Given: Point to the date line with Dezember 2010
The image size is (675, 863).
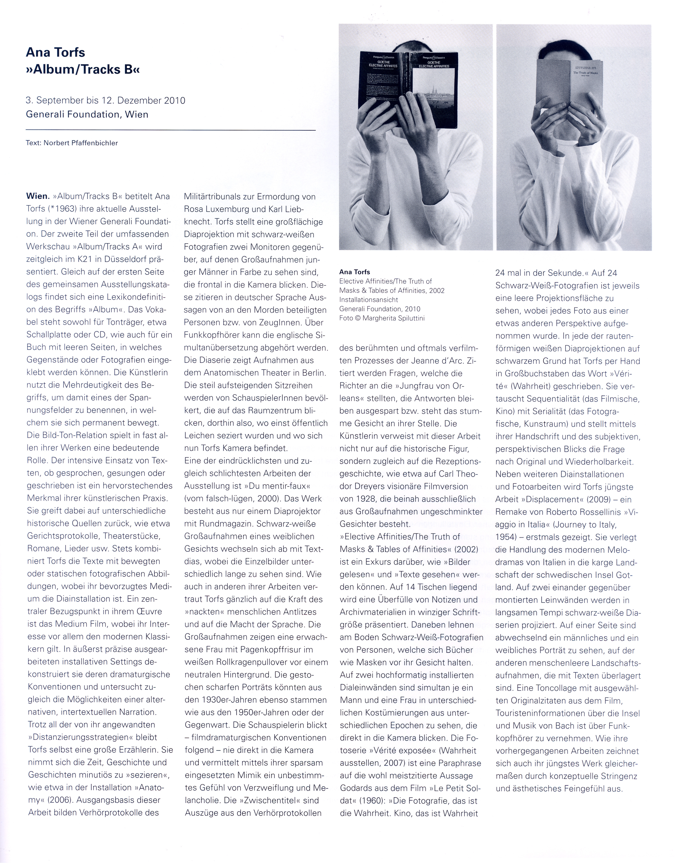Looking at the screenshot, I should pos(106,100).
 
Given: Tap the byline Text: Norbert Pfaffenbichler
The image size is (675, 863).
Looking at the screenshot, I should pos(72,143).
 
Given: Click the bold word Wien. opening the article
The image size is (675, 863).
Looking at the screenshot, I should pos(38,196).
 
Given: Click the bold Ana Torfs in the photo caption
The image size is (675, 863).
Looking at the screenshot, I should pos(354,272).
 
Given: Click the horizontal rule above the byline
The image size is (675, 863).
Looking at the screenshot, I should pos(171,130).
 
